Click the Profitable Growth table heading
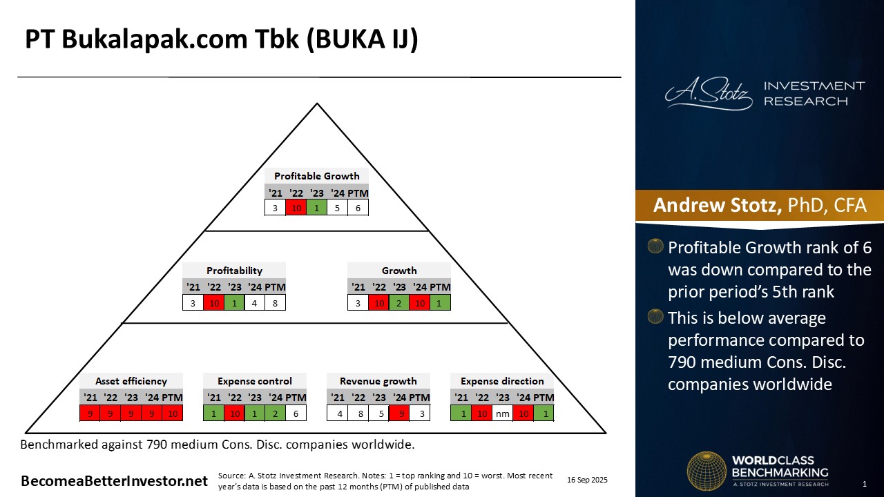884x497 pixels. (316, 176)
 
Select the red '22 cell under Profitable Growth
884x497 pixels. (296, 207)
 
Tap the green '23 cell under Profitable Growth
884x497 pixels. (317, 207)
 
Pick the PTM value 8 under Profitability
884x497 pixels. (275, 302)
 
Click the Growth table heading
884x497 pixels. (399, 271)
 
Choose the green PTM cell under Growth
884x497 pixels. (440, 302)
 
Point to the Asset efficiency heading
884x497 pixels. (131, 381)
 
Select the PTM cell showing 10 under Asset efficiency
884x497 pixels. (172, 413)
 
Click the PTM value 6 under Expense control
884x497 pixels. (296, 413)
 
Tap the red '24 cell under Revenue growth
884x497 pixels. (398, 413)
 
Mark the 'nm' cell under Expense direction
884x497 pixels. (502, 413)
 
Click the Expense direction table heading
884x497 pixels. (502, 381)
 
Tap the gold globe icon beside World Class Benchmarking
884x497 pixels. (706, 471)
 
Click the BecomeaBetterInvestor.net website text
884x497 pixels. (115, 481)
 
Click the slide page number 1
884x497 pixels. (864, 483)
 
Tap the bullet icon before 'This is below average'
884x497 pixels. (655, 318)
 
